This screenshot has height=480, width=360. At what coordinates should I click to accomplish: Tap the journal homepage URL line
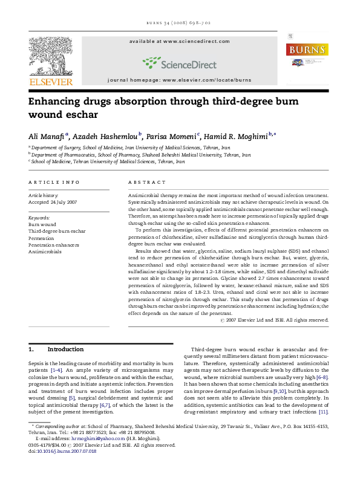[180, 79]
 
